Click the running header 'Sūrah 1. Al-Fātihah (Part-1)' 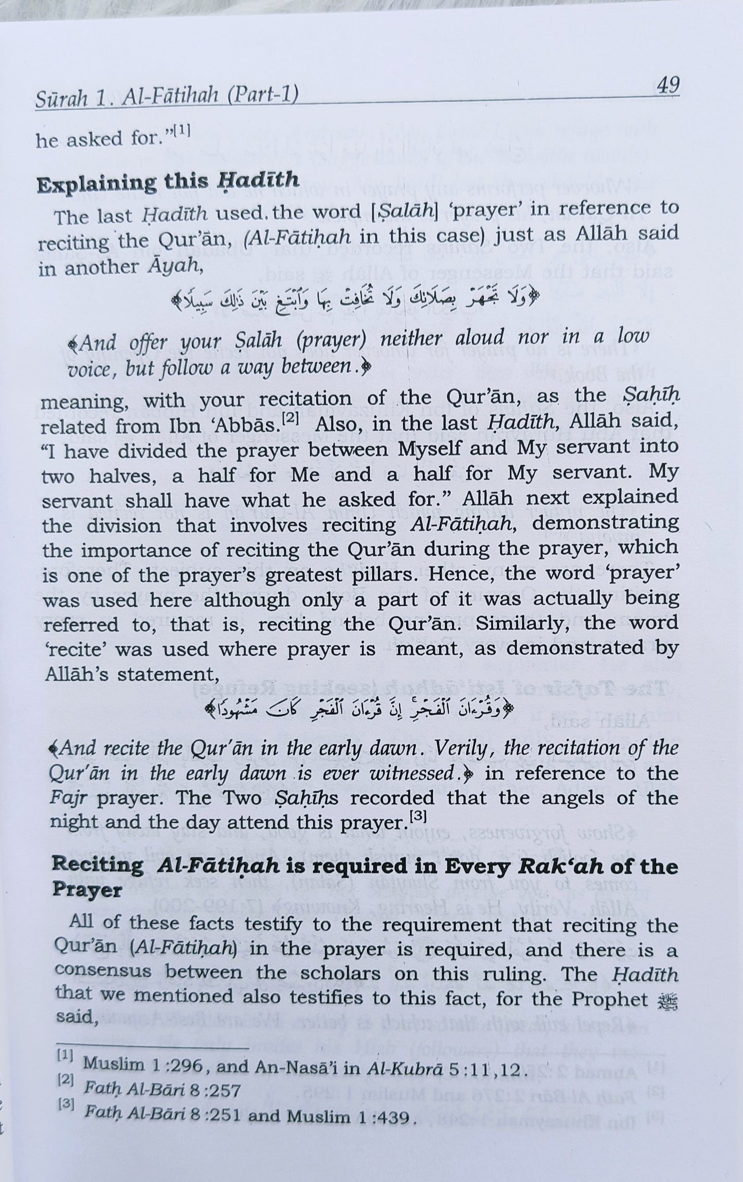[x=167, y=97]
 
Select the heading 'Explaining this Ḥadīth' [x=168, y=182]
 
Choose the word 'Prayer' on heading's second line [x=87, y=890]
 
